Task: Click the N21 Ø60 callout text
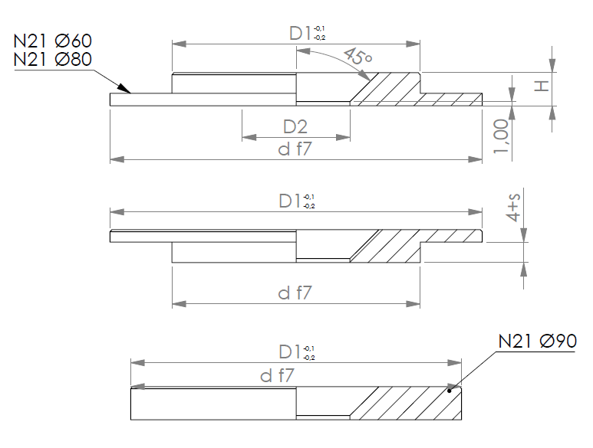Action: (53, 41)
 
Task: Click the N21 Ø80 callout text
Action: (53, 59)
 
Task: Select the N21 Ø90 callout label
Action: (538, 342)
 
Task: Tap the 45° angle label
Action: (358, 56)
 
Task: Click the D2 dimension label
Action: (295, 127)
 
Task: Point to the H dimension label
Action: (542, 86)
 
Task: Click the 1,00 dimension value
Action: (501, 136)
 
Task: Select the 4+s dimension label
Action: (512, 208)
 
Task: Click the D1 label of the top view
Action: (300, 33)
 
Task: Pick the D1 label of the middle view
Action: (290, 201)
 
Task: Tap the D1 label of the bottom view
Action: (290, 352)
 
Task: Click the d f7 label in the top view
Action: (295, 149)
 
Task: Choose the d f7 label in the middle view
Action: (295, 293)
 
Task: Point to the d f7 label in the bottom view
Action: (277, 375)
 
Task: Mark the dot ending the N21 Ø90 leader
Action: (450, 391)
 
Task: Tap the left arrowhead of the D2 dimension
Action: (249, 137)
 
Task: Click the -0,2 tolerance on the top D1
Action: (320, 38)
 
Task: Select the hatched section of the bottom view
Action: (407, 403)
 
